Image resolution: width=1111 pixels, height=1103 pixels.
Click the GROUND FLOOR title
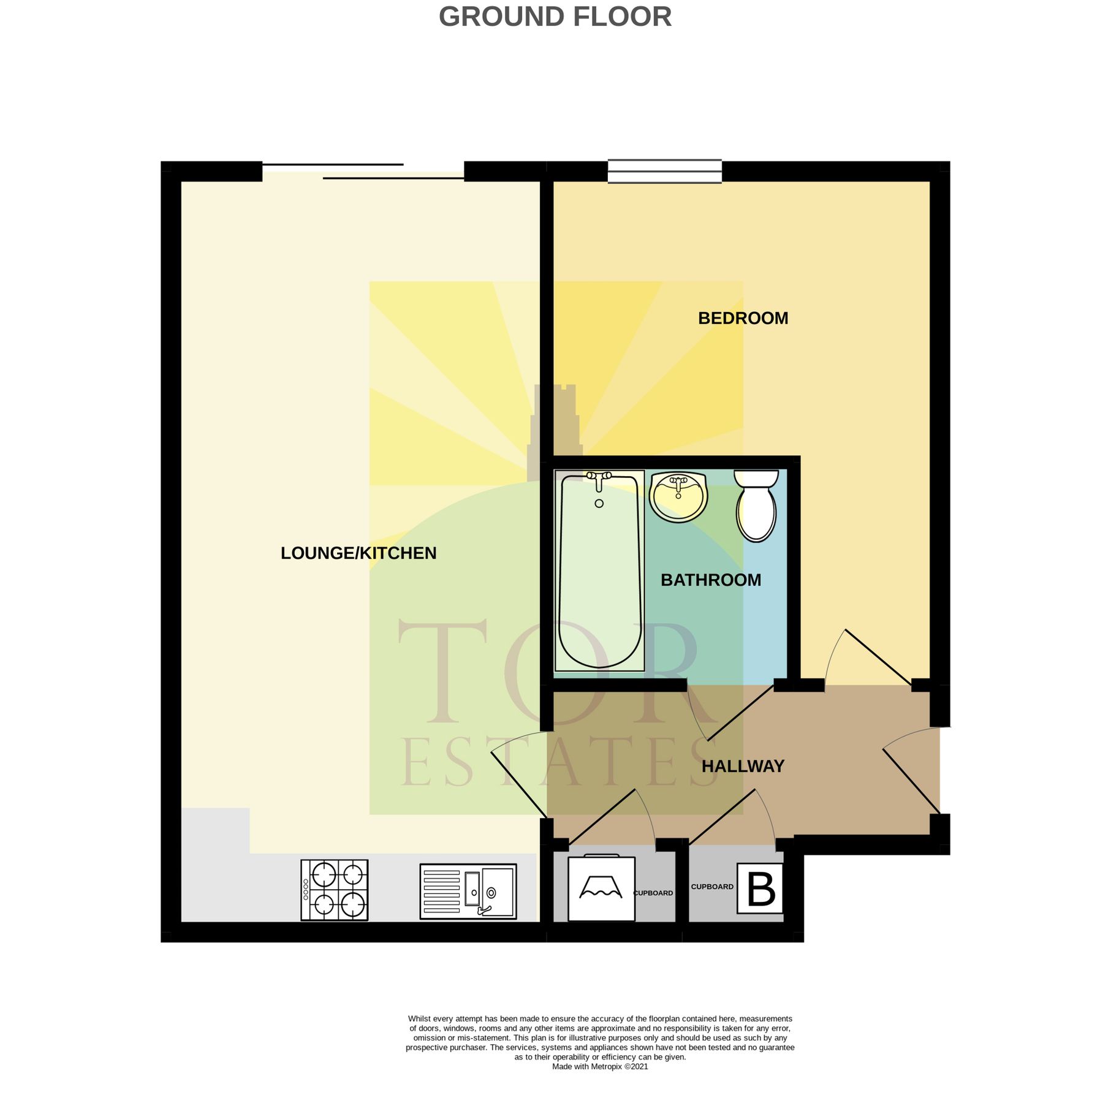point(555,17)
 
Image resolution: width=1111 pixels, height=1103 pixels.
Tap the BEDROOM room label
point(743,318)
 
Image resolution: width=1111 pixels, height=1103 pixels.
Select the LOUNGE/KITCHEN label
point(358,553)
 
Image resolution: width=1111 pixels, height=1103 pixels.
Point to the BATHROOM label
point(711,580)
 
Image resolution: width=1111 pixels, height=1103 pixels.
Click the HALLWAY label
point(743,766)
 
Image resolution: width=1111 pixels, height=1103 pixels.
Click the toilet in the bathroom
point(756,506)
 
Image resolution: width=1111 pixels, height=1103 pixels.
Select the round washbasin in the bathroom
point(678,496)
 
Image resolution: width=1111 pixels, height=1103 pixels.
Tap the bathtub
point(599,570)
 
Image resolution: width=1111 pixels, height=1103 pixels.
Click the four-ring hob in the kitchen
point(335,890)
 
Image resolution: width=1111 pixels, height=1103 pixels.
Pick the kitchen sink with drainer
point(468,891)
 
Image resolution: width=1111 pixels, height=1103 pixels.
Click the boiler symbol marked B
point(760,888)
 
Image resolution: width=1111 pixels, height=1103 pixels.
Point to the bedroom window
point(665,171)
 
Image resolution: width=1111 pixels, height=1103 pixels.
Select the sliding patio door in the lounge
point(363,171)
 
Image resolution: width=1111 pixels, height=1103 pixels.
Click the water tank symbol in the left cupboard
point(601,888)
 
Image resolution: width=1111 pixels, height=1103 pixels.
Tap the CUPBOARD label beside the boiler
point(712,887)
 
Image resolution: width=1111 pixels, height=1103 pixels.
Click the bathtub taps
point(599,480)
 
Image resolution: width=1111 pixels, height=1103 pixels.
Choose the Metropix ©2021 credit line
point(600,1066)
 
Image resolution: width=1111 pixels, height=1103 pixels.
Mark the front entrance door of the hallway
point(911,770)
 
